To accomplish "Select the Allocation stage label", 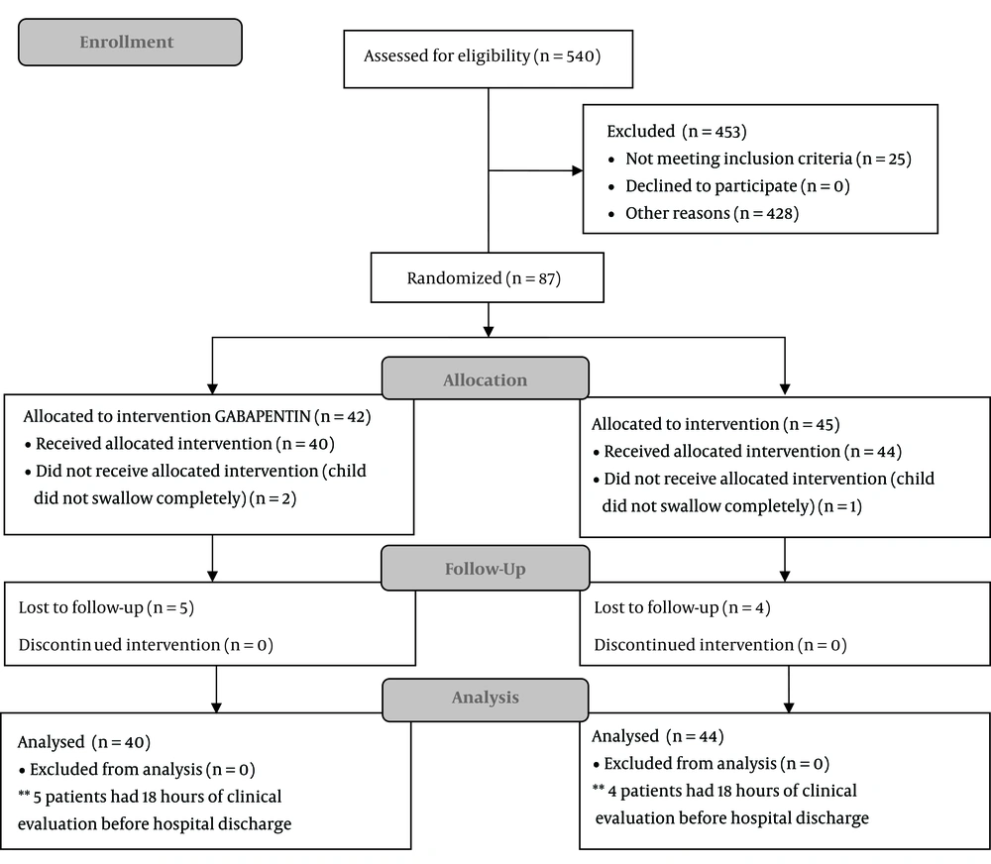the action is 486,378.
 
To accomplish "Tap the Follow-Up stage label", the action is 486,568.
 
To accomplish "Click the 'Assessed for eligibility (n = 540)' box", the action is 488,58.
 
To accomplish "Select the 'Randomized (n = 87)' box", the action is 488,277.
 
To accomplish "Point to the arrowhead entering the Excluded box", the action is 577,170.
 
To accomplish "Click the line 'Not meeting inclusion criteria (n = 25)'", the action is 769,159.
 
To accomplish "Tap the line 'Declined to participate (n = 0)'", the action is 737,186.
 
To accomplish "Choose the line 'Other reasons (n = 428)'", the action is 713,213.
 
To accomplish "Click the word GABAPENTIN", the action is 263,416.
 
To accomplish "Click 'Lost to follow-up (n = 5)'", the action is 106,607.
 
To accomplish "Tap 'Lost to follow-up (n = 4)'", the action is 682,607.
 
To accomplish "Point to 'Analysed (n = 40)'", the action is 84,742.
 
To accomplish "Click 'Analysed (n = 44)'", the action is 658,736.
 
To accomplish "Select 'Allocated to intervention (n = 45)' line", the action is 716,424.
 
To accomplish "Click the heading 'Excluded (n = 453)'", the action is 677,132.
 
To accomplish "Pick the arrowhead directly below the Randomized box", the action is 488,331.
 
